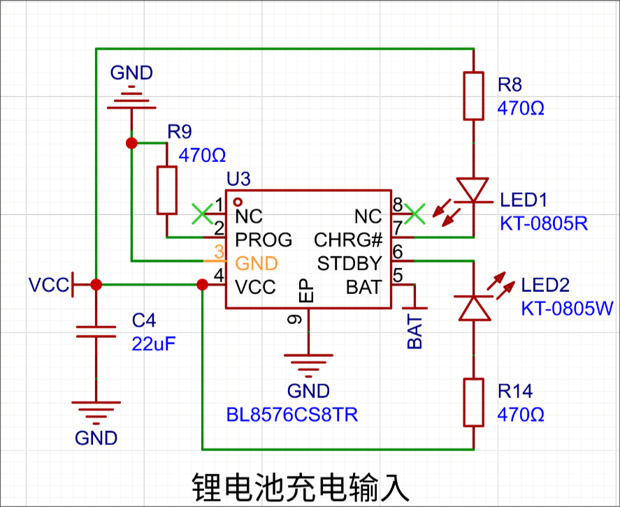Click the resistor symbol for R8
tap(473, 96)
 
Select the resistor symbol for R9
tap(167, 191)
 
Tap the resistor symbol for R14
tap(473, 402)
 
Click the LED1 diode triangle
tap(473, 190)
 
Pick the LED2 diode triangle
tap(474, 308)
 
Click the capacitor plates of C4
tap(96, 332)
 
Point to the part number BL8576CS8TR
tap(291, 415)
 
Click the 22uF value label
tap(153, 344)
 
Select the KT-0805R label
tap(544, 223)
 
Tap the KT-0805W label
tap(567, 308)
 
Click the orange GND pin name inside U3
tap(257, 263)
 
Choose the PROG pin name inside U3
tap(264, 240)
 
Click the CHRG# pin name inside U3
tap(348, 240)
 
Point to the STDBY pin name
tap(349, 263)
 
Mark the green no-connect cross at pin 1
tap(202, 214)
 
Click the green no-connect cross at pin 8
tap(414, 214)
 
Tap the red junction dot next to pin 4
tap(202, 284)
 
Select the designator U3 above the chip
tap(238, 179)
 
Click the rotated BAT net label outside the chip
tap(414, 332)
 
